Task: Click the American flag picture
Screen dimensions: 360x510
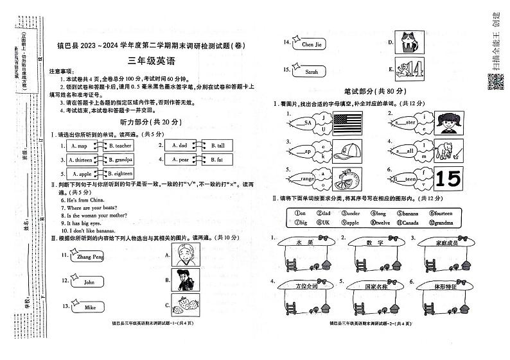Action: click(348, 123)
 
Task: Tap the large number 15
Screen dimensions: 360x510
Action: click(448, 179)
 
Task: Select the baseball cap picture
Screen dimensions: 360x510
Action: click(349, 151)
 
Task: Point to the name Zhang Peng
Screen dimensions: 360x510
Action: click(90, 257)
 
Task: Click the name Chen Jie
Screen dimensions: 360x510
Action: click(311, 44)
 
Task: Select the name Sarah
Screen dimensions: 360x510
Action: click(312, 71)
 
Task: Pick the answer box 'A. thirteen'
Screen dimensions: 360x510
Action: click(79, 160)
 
